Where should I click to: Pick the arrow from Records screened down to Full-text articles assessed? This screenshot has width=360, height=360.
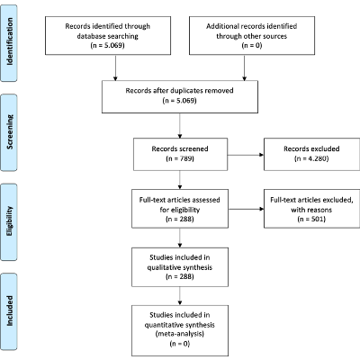(x=181, y=179)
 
